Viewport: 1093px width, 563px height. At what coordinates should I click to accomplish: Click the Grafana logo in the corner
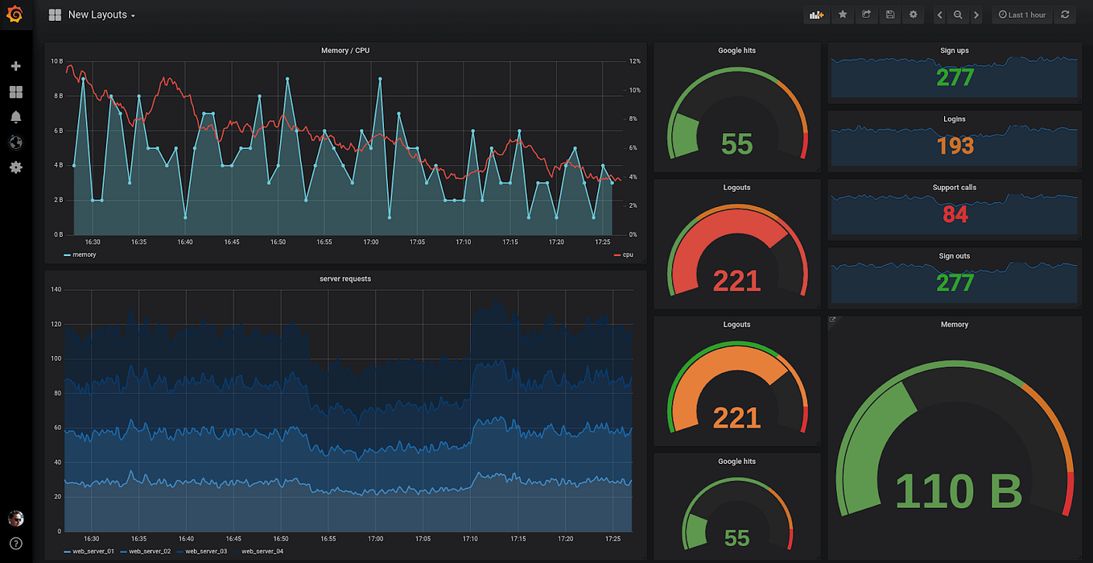(x=15, y=14)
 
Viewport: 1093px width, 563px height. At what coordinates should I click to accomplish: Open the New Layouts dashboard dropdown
(x=101, y=15)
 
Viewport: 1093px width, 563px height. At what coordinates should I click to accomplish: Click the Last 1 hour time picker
(x=1022, y=14)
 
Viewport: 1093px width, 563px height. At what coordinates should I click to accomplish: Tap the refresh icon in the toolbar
(x=1065, y=14)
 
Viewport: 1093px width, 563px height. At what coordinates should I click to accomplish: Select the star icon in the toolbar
(x=843, y=14)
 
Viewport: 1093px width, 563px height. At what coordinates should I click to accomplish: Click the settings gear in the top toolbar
(x=913, y=14)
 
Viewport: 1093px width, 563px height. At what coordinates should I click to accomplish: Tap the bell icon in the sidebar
(x=15, y=117)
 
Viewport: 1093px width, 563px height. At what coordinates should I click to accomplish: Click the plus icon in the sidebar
(x=15, y=66)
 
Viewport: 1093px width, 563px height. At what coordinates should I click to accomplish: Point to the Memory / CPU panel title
(x=345, y=51)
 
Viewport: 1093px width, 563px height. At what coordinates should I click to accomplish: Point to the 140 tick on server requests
(x=56, y=289)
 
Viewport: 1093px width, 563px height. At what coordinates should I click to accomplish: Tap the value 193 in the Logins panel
(x=955, y=146)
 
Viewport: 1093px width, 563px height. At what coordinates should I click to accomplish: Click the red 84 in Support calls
(x=955, y=214)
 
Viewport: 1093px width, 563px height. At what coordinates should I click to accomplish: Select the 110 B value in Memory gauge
(x=958, y=491)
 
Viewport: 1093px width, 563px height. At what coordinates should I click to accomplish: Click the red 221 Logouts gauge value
(x=736, y=280)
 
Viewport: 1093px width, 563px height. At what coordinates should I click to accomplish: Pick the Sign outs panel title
(x=954, y=256)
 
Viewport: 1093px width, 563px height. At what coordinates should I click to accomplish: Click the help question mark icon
(x=15, y=544)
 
